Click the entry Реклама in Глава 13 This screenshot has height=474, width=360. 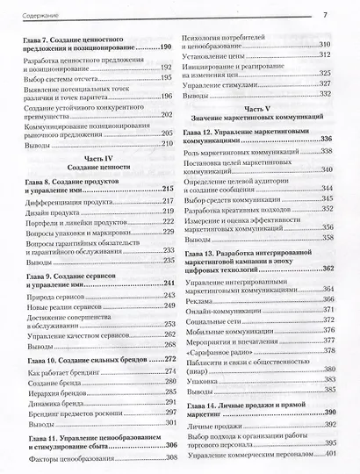(204, 300)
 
